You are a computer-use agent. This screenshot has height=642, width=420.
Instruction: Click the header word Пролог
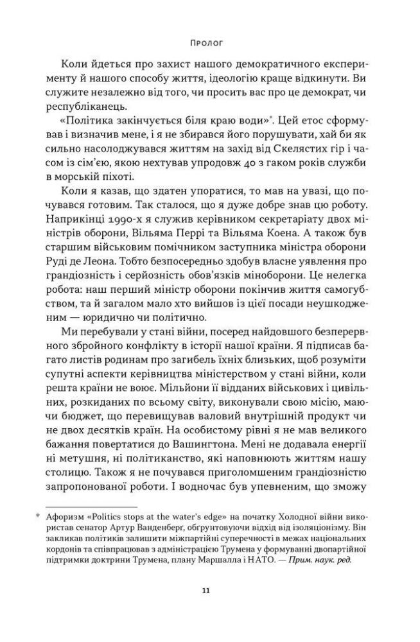209,44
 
